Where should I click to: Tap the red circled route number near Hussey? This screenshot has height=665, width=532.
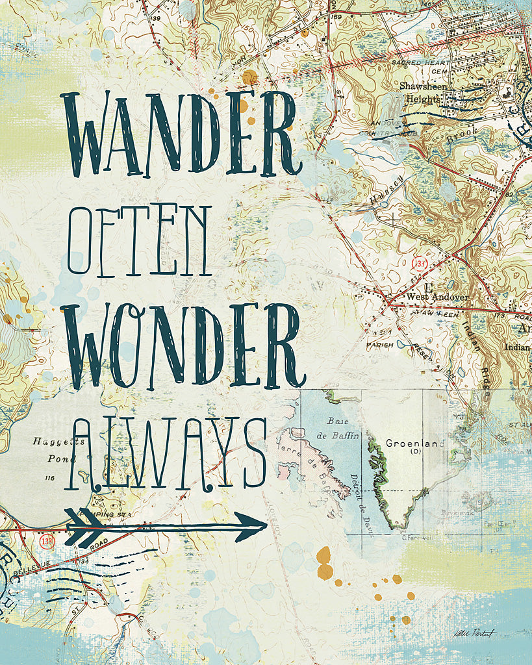[x=418, y=263]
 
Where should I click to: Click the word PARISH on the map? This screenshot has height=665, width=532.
[x=379, y=345]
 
